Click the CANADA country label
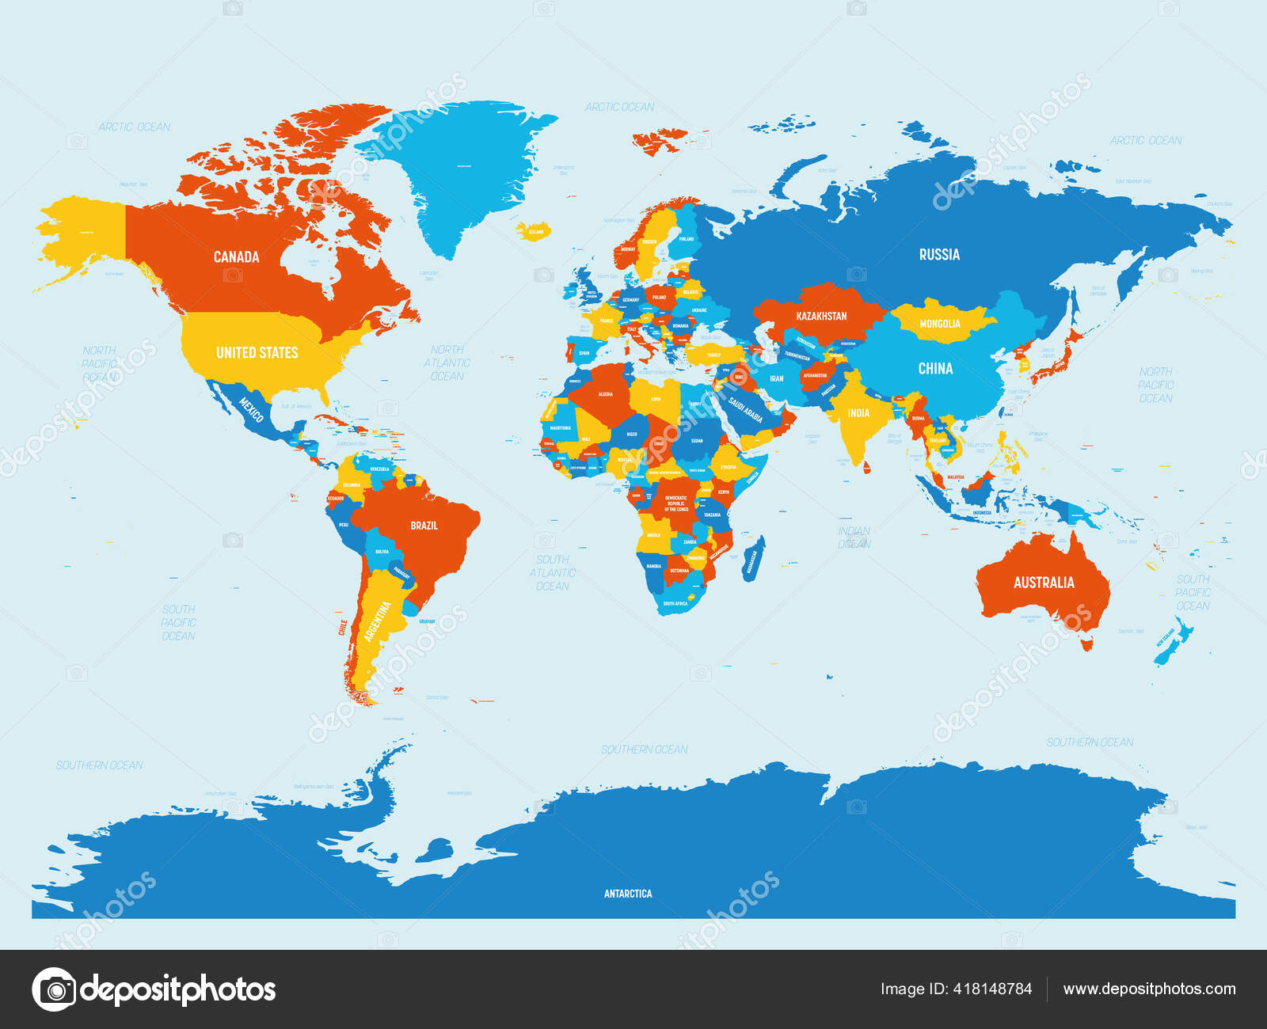(x=236, y=256)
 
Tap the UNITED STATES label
(x=257, y=352)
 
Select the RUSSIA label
(x=939, y=254)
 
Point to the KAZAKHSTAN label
(x=821, y=316)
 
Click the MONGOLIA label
(x=940, y=324)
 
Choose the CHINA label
(x=935, y=368)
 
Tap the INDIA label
(x=858, y=412)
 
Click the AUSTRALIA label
(x=1044, y=583)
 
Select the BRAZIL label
(x=424, y=525)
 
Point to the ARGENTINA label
(x=378, y=621)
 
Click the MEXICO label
(x=251, y=409)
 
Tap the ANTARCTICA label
(x=628, y=894)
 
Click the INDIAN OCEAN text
(x=854, y=537)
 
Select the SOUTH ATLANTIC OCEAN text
(x=552, y=572)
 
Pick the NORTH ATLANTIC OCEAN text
(x=447, y=363)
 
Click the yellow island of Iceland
(x=532, y=231)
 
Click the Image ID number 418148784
(x=956, y=989)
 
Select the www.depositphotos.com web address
(x=1148, y=989)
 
